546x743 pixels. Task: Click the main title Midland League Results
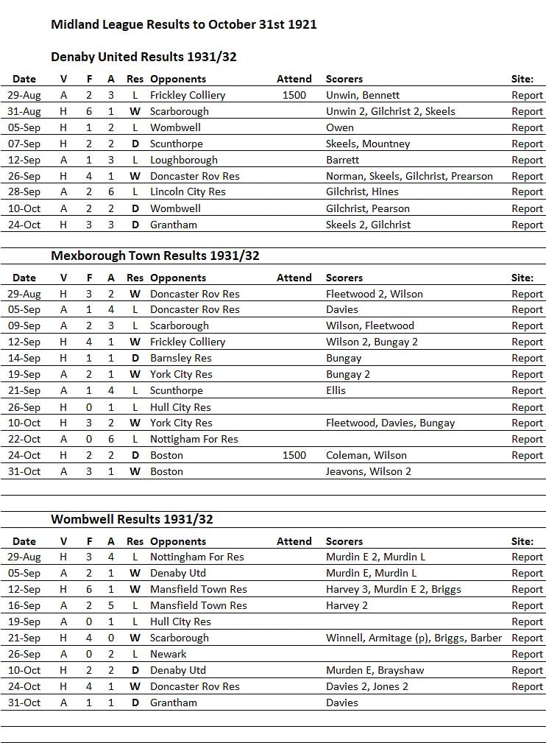point(183,24)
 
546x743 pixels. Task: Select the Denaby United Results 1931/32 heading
point(143,57)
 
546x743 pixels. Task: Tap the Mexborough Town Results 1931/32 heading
point(155,256)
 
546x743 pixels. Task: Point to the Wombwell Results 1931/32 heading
point(132,519)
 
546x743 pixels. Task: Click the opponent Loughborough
point(183,160)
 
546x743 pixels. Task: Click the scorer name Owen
point(340,127)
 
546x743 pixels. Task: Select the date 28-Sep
point(24,191)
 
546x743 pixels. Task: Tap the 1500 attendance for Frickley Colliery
point(294,95)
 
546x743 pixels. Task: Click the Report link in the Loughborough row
point(527,160)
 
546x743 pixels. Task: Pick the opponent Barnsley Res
point(180,358)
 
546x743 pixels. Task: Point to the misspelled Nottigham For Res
point(194,439)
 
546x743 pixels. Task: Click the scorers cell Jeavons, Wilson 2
point(369,471)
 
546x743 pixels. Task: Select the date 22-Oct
point(24,439)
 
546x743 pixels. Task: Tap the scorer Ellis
point(336,390)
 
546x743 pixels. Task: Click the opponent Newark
point(168,654)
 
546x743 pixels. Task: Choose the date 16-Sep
point(24,605)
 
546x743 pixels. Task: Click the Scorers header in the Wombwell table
point(344,541)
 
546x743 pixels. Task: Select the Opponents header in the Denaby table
point(177,79)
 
